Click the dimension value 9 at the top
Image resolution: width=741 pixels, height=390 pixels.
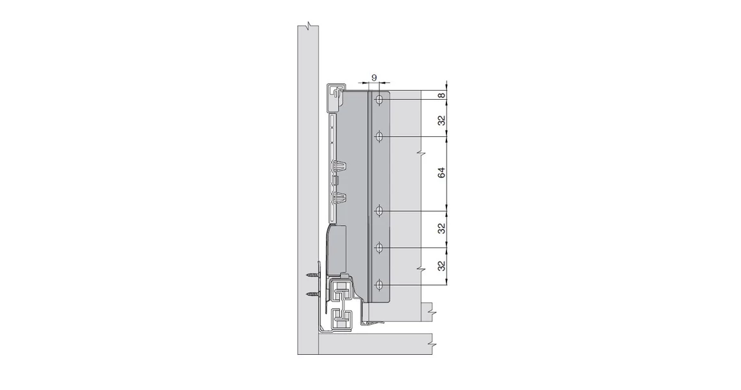point(374,77)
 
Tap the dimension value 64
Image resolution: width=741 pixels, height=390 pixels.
point(442,173)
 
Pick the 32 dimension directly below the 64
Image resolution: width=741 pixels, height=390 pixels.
point(442,229)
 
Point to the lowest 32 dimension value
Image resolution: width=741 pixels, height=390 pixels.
point(442,266)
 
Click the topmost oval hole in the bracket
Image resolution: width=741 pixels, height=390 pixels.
point(379,100)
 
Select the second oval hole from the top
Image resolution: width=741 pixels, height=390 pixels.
point(379,137)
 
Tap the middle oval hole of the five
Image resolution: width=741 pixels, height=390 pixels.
point(379,210)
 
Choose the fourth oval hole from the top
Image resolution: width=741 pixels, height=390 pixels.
point(379,247)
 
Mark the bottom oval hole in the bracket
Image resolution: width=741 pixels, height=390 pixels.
point(379,285)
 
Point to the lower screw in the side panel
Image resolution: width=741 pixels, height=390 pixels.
point(313,294)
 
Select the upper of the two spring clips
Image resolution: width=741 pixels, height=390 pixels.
point(340,168)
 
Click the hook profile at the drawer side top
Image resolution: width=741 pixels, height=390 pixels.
point(335,93)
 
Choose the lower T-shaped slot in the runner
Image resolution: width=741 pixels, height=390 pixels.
point(340,317)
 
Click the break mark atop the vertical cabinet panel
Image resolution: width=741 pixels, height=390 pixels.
point(309,26)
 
